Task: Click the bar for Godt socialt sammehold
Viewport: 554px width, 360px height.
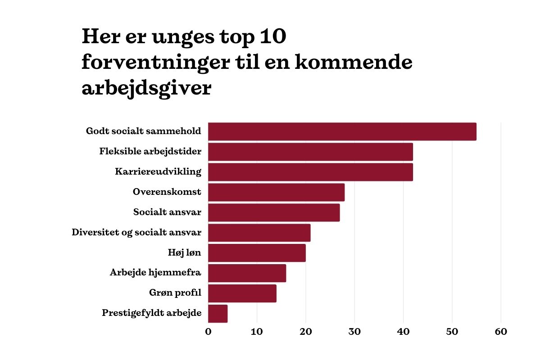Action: [x=342, y=131]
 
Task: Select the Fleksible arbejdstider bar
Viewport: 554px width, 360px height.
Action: [x=310, y=152]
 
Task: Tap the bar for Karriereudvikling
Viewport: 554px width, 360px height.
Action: [x=310, y=172]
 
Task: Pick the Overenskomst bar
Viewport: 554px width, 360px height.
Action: [x=276, y=192]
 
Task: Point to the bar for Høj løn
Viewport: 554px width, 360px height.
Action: [x=257, y=253]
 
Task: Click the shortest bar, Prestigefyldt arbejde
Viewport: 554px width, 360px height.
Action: [x=218, y=313]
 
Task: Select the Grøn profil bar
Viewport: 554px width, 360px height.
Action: [x=242, y=293]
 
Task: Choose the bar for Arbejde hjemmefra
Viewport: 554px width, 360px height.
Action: [x=247, y=273]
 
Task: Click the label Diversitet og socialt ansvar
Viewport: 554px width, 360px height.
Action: [x=136, y=233]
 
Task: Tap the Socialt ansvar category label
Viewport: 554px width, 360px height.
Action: [x=167, y=212]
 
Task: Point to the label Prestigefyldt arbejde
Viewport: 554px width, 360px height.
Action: [x=151, y=313]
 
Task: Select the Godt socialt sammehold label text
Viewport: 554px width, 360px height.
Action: [x=144, y=131]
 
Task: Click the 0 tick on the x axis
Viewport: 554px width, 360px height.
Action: [x=208, y=332]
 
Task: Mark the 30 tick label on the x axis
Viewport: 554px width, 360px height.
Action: [x=354, y=332]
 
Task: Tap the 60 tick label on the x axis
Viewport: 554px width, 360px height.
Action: [x=501, y=332]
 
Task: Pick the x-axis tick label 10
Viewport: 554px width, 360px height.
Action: [x=257, y=332]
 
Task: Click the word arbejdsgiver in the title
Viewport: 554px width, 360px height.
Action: [x=146, y=88]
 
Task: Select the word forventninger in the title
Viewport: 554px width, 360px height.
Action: [x=159, y=63]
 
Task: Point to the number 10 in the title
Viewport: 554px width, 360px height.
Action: [x=273, y=37]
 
